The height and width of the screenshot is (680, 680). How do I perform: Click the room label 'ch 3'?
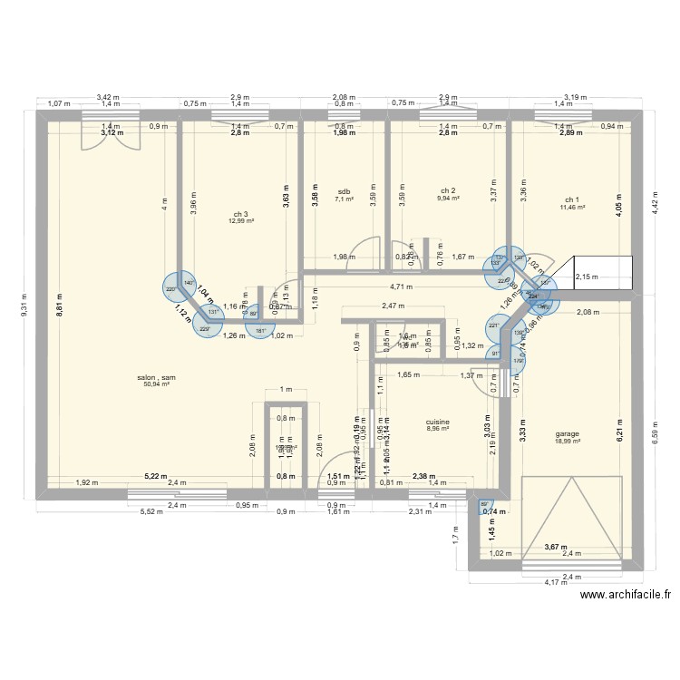(240, 214)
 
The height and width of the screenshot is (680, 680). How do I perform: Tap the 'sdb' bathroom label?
(344, 192)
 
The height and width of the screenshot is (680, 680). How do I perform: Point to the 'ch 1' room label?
(570, 199)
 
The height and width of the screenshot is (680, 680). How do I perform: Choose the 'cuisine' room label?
(438, 423)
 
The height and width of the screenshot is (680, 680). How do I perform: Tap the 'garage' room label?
(568, 433)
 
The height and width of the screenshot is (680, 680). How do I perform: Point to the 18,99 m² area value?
(568, 442)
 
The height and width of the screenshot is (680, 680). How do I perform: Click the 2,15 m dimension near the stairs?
(588, 277)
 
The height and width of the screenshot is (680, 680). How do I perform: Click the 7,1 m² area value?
(345, 200)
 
